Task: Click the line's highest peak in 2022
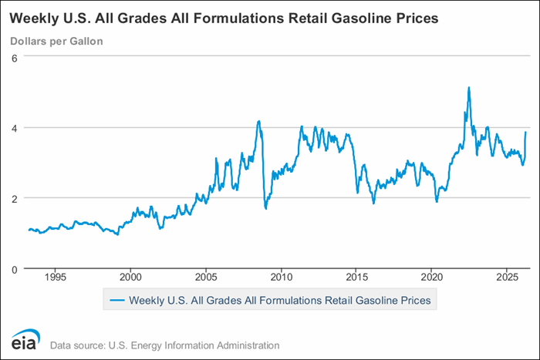pyautogui.click(x=468, y=88)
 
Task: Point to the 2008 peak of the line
pyautogui.click(x=259, y=121)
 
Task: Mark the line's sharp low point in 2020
pyautogui.click(x=437, y=201)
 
